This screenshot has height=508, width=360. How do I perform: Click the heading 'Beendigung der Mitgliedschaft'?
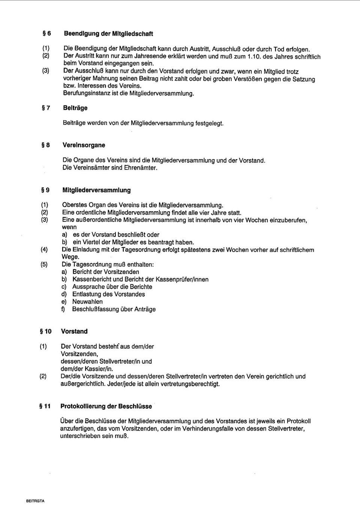click(x=108, y=34)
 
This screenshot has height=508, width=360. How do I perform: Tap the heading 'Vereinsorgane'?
click(x=84, y=145)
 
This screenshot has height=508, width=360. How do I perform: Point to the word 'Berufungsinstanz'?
click(x=85, y=93)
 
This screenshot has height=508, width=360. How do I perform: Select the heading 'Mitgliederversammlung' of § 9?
click(x=96, y=190)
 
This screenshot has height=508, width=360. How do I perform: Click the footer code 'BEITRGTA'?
click(x=35, y=501)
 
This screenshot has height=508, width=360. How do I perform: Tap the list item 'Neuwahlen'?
click(x=87, y=302)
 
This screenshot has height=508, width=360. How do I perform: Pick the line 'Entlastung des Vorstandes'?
click(x=108, y=294)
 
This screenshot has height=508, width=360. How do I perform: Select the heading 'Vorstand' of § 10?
click(x=74, y=332)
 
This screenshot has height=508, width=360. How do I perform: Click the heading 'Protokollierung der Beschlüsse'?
click(x=106, y=406)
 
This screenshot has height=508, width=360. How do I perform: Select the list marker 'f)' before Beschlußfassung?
click(x=63, y=309)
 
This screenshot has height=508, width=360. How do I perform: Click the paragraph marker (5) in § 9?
click(x=44, y=265)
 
